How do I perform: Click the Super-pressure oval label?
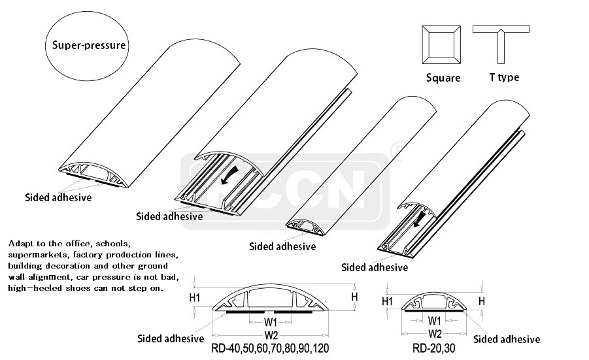coord(87,46)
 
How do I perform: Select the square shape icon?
coord(441,44)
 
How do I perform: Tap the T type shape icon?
coord(501,44)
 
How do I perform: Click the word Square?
coord(443,78)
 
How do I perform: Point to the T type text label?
coord(505,77)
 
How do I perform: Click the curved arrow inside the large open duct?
coord(229,175)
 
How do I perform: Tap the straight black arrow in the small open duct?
coord(420,220)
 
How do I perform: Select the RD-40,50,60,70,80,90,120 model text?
coord(270,348)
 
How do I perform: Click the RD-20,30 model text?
coord(434,348)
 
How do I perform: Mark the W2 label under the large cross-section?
coord(271,335)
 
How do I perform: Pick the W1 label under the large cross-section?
coord(271,322)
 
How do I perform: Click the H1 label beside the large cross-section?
coord(195,298)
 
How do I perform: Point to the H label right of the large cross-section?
coord(354,297)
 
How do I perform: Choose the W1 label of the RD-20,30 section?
coord(434,321)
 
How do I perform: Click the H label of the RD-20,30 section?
coord(482,301)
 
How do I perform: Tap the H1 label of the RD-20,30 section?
coord(387,301)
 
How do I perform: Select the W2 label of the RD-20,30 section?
coord(435,333)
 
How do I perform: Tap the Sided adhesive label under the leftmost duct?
coord(58,197)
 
